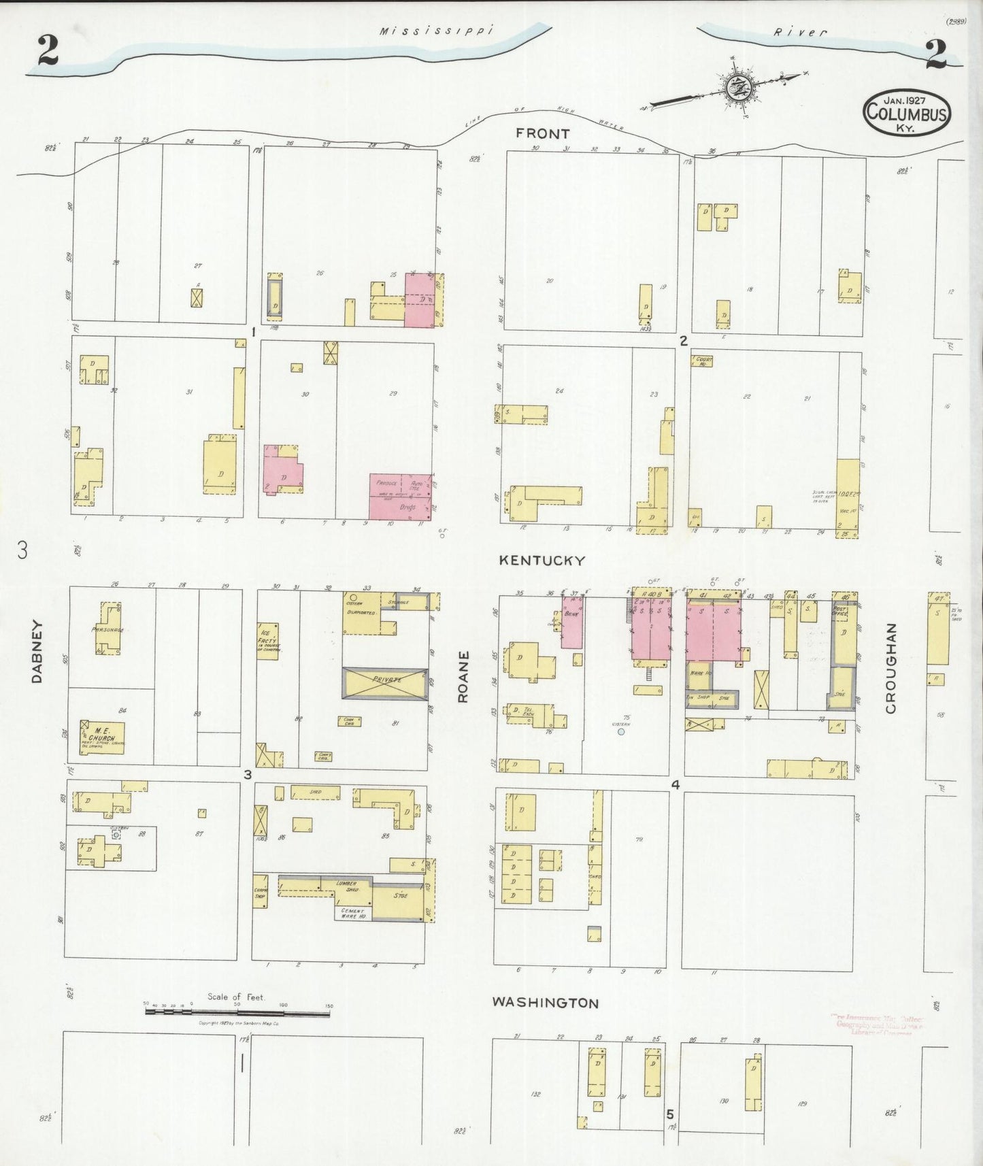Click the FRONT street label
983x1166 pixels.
pyautogui.click(x=542, y=133)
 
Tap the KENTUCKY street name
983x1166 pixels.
pyautogui.click(x=542, y=561)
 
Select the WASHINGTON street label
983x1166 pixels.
pyautogui.click(x=546, y=1003)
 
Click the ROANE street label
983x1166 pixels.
pyautogui.click(x=463, y=676)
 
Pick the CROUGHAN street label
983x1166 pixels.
pyautogui.click(x=890, y=668)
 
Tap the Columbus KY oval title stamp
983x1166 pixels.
pyautogui.click(x=906, y=112)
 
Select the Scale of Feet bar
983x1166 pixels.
pyautogui.click(x=237, y=1013)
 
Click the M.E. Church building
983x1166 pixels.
pyautogui.click(x=103, y=737)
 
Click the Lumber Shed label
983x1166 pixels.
pyautogui.click(x=346, y=886)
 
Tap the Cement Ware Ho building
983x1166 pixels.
pyautogui.click(x=353, y=913)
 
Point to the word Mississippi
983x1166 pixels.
pyautogui.click(x=435, y=31)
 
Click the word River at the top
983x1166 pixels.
pyautogui.click(x=800, y=32)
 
